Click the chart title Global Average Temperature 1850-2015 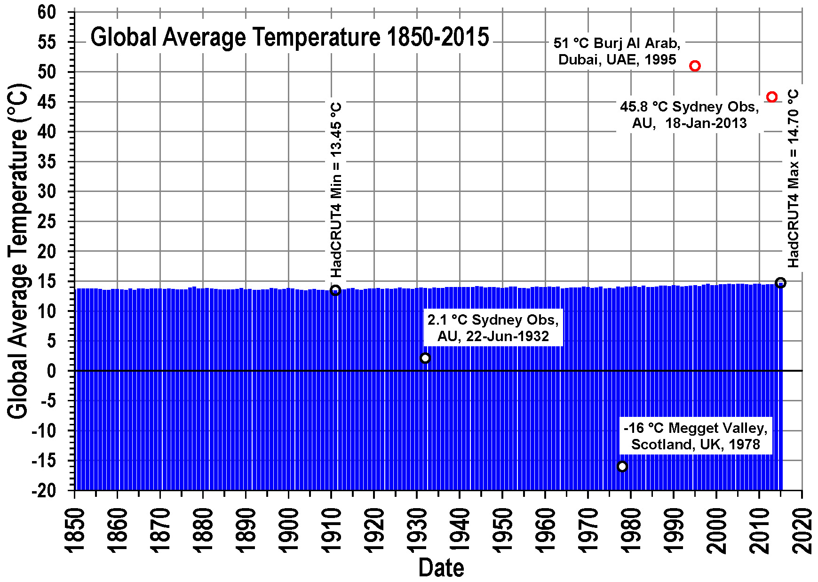pyautogui.click(x=289, y=37)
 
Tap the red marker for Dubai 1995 pyautogui.click(x=695, y=66)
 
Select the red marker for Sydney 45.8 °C pyautogui.click(x=771, y=97)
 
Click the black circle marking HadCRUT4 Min pyautogui.click(x=335, y=290)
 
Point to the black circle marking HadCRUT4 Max pyautogui.click(x=780, y=283)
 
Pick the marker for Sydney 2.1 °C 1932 pyautogui.click(x=425, y=358)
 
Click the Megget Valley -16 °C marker pyautogui.click(x=622, y=466)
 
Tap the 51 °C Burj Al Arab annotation pyautogui.click(x=617, y=51)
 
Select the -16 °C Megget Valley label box pyautogui.click(x=695, y=436)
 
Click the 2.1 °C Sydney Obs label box pyautogui.click(x=493, y=328)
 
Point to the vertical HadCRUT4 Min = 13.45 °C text pyautogui.click(x=336, y=190)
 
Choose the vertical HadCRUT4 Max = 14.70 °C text pyautogui.click(x=793, y=179)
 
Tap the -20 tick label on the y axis pyautogui.click(x=43, y=490)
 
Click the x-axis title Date pyautogui.click(x=441, y=567)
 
